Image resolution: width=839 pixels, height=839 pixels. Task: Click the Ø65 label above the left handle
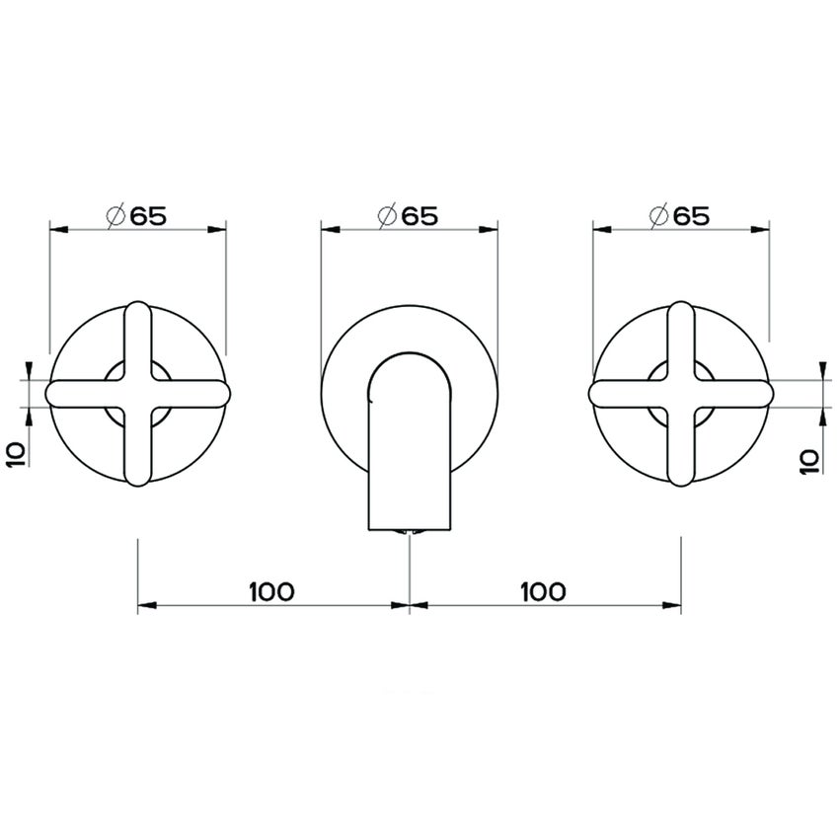coord(134,216)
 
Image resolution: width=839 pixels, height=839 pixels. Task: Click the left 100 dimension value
coord(271,591)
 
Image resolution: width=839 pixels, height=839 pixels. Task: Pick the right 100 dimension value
coord(541,591)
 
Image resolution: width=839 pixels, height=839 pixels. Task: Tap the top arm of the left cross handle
coord(137,331)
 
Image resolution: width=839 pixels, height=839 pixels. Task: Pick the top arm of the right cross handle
coord(681,331)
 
